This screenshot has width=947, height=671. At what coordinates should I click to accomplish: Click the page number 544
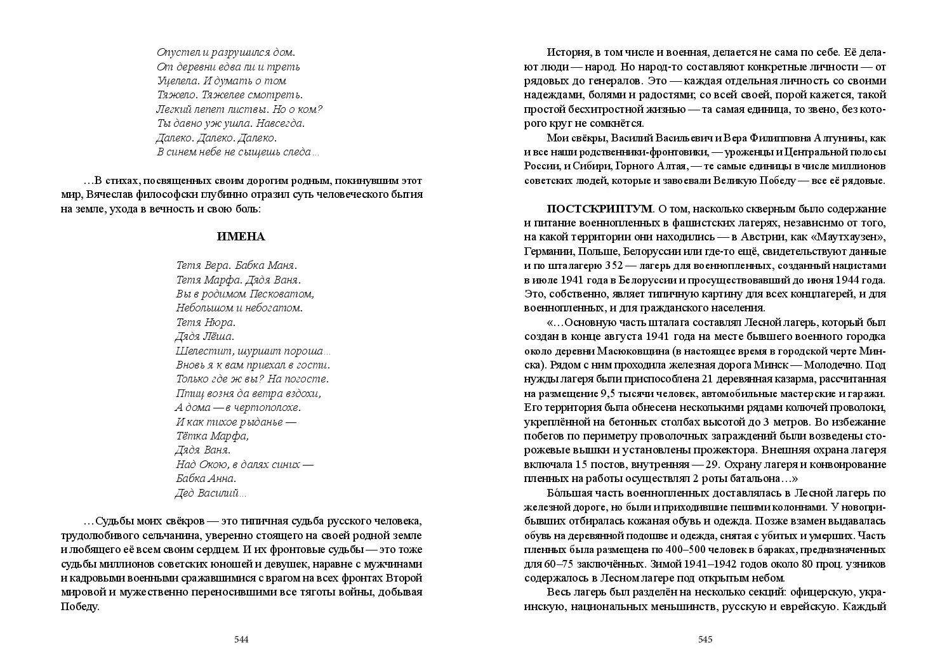pos(241,639)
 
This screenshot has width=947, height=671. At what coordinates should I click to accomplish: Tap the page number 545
pos(705,639)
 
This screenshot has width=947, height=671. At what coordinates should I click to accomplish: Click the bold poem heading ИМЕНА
pos(241,237)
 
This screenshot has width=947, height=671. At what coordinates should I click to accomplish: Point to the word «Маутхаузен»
pos(849,237)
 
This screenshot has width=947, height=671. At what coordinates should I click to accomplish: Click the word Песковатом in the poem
pos(286,294)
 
